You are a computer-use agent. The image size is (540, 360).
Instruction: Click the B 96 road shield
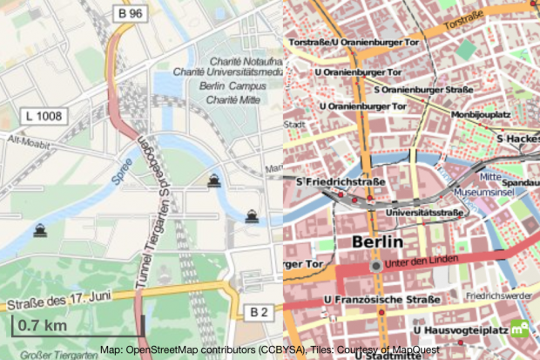click(x=131, y=14)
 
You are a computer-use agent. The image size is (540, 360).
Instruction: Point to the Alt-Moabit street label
click(x=25, y=139)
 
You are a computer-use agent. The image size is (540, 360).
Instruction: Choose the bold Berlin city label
click(x=376, y=241)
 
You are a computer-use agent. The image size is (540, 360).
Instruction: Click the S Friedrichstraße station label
click(x=328, y=181)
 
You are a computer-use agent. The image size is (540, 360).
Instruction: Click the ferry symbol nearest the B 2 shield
click(x=252, y=215)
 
